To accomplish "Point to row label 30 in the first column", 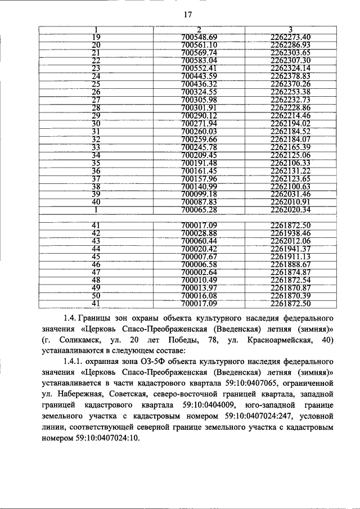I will [x=96, y=123].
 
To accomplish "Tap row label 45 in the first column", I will [x=96, y=256].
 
